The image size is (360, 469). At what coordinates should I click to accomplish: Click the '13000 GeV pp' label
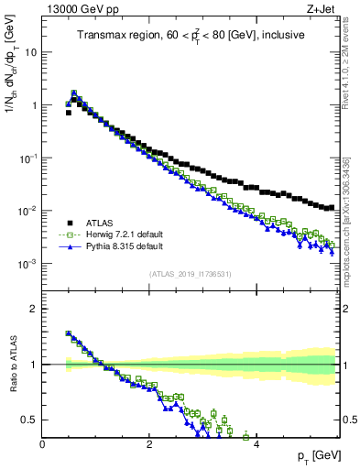(x=76, y=8)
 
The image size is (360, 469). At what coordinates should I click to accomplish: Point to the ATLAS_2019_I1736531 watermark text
(x=190, y=275)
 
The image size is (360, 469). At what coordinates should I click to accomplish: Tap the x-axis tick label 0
(x=42, y=444)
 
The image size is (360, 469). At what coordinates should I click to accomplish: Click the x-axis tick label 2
(x=149, y=444)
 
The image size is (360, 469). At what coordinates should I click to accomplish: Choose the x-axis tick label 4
(x=256, y=444)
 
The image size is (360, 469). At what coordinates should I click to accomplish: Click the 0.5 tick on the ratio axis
(x=30, y=420)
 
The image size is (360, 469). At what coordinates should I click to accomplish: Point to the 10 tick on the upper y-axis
(x=30, y=52)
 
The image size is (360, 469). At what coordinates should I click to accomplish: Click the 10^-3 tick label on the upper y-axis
(x=27, y=265)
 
